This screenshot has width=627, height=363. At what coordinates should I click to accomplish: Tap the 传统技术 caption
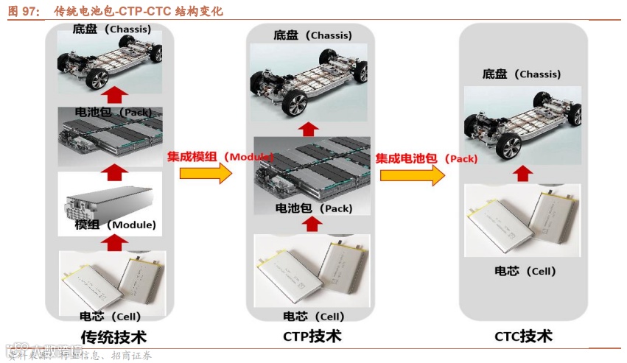click(x=113, y=338)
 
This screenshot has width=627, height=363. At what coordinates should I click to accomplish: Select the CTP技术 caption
click(x=312, y=336)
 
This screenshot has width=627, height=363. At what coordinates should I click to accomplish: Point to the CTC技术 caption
click(x=523, y=336)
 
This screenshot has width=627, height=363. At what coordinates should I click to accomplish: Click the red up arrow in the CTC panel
click(x=522, y=174)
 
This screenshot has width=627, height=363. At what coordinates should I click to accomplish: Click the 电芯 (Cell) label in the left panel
click(x=110, y=316)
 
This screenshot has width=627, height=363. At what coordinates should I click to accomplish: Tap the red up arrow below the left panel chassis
click(x=113, y=95)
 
